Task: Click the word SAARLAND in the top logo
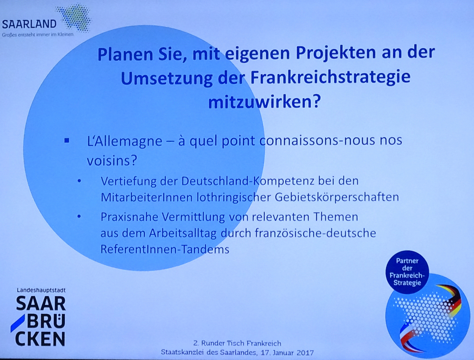coord(29,24)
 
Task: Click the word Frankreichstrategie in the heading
coord(330,78)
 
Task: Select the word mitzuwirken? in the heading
coord(264,102)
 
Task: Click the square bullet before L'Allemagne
coord(67,141)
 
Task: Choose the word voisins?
coord(112,161)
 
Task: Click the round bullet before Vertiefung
coord(79,182)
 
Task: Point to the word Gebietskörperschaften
coord(337,197)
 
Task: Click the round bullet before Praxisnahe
coord(79,217)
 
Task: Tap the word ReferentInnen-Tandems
coord(165,249)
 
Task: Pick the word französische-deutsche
coord(316,233)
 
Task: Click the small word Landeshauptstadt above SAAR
coord(41,290)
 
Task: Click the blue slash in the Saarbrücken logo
coord(18,323)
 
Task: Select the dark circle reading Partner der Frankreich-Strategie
coord(407,272)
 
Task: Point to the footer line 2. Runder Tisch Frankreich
coord(237,343)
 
